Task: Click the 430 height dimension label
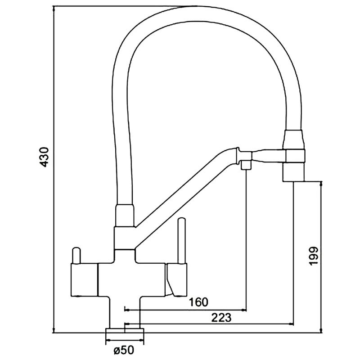(x=44, y=157)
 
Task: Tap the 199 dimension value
(x=313, y=256)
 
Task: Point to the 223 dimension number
(x=221, y=318)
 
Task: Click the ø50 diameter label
(x=124, y=351)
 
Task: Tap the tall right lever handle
(x=181, y=241)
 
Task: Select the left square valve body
(x=84, y=279)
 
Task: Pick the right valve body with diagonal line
(x=176, y=279)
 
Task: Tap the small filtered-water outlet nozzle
(x=246, y=165)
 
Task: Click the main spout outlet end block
(x=294, y=172)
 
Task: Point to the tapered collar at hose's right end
(x=294, y=139)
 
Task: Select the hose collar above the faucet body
(x=125, y=216)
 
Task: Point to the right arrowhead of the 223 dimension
(x=291, y=324)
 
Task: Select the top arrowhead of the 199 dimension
(x=321, y=184)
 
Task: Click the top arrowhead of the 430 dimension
(x=54, y=9)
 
